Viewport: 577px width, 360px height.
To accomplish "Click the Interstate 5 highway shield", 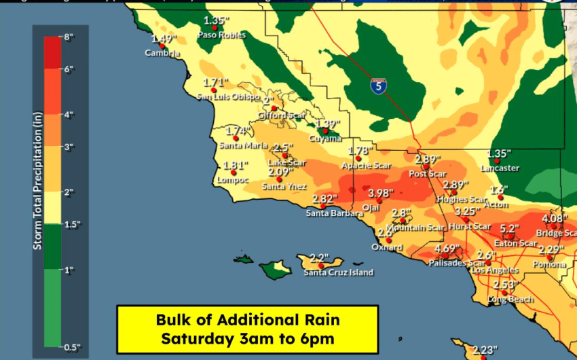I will click(378, 86).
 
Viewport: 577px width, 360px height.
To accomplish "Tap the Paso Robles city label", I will click(216, 35).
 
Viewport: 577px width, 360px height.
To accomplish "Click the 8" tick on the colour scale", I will click(69, 38).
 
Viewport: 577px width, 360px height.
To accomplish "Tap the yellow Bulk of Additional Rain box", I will click(247, 328).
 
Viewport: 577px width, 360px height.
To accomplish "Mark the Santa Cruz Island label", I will click(338, 273).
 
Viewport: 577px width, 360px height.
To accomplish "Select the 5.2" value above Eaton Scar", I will click(509, 229).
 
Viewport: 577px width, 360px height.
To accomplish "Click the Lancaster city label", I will click(500, 168).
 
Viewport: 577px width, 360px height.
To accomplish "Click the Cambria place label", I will click(163, 53).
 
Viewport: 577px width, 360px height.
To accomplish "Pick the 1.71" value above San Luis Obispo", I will click(216, 83).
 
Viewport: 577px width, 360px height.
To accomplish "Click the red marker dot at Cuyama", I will click(325, 131).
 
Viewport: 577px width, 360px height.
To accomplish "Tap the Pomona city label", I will click(548, 264).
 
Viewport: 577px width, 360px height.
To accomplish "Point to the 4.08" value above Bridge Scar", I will click(554, 219).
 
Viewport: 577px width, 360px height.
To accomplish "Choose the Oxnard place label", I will click(386, 247).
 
